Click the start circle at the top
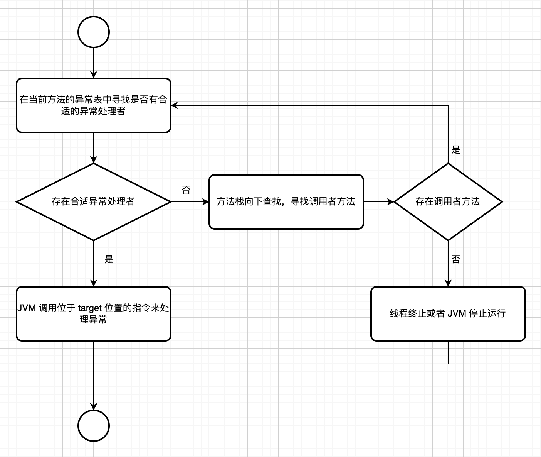(x=94, y=32)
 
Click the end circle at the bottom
(x=94, y=426)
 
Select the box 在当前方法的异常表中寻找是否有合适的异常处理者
(x=94, y=105)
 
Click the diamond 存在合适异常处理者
(x=94, y=201)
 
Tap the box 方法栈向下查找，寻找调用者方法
(x=286, y=201)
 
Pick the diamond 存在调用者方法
(x=448, y=201)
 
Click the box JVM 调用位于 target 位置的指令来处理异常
(x=94, y=313)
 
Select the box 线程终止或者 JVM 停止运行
(x=448, y=313)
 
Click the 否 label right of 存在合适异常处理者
(x=186, y=190)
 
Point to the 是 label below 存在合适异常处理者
(x=109, y=259)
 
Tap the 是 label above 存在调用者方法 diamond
(x=456, y=150)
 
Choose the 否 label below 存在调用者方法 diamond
(x=456, y=259)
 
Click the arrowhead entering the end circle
(x=94, y=407)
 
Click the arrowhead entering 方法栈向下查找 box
(x=206, y=201)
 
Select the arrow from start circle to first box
(x=94, y=62)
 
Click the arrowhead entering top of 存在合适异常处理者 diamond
(x=94, y=160)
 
